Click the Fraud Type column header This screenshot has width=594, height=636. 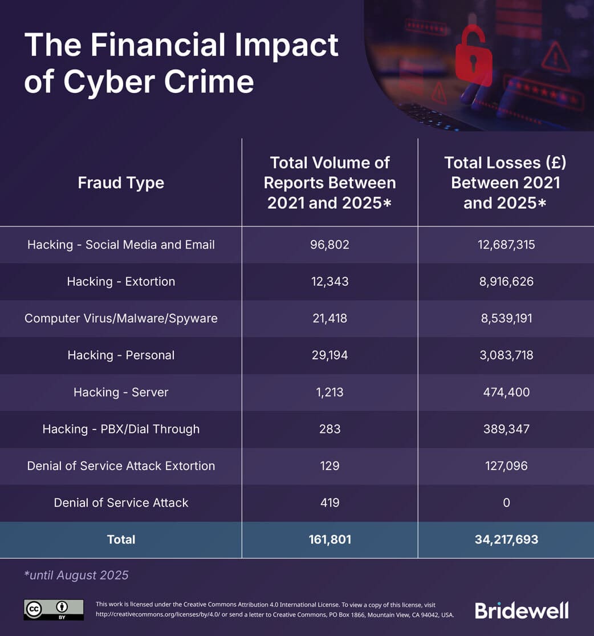[121, 183]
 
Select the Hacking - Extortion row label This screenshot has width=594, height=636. [121, 281]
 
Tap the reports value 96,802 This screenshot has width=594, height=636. [329, 245]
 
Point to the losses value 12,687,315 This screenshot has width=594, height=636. [506, 245]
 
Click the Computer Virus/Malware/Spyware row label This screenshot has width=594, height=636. [121, 318]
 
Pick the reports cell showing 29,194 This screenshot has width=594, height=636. [329, 355]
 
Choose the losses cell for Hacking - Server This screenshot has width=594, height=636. [506, 392]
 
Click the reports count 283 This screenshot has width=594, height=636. [329, 429]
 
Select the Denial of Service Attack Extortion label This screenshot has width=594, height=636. [121, 465]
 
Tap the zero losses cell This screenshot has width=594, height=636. [506, 503]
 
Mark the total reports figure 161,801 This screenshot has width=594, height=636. [329, 539]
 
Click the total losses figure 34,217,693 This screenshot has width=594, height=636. [506, 539]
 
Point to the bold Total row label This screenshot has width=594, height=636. [121, 539]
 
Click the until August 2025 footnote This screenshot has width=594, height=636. [76, 575]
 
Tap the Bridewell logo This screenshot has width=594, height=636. [522, 610]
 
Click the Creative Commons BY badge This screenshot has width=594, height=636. [54, 610]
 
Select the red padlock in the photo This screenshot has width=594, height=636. [473, 57]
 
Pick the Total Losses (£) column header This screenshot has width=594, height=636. [505, 183]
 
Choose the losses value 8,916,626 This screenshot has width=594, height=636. [506, 281]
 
